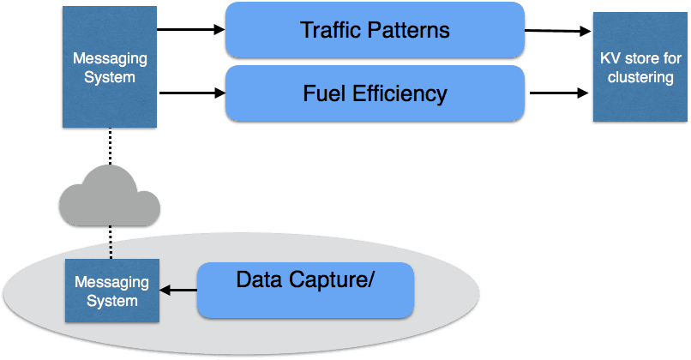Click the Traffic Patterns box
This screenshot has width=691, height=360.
click(375, 30)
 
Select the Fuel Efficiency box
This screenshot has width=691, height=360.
click(375, 93)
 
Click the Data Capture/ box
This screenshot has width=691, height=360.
click(305, 290)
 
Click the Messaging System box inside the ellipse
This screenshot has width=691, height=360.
click(111, 291)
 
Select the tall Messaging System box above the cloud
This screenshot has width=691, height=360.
click(110, 68)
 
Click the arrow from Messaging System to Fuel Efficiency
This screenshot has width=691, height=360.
click(191, 93)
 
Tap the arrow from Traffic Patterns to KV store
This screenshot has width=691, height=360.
click(558, 31)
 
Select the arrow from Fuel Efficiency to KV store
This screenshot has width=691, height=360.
click(558, 93)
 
